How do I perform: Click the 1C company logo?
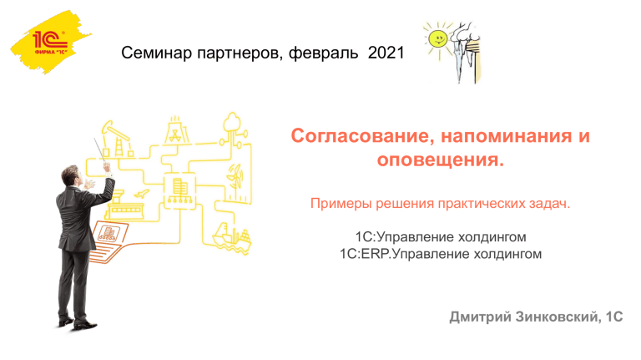pyautogui.click(x=50, y=42)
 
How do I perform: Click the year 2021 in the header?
pyautogui.click(x=386, y=53)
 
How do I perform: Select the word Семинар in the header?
pyautogui.click(x=157, y=53)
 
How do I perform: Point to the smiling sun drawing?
pyautogui.click(x=437, y=40)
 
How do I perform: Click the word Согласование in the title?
pyautogui.click(x=360, y=136)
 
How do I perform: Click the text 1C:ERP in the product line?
pyautogui.click(x=362, y=254)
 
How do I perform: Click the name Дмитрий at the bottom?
pyautogui.click(x=481, y=317)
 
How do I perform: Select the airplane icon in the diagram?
pyautogui.click(x=141, y=194)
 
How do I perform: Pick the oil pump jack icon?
pyautogui.click(x=118, y=139)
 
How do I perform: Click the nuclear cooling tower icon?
pyautogui.click(x=176, y=130)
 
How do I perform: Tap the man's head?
pyautogui.click(x=71, y=175)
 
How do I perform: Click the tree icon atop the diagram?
pyautogui.click(x=232, y=122)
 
